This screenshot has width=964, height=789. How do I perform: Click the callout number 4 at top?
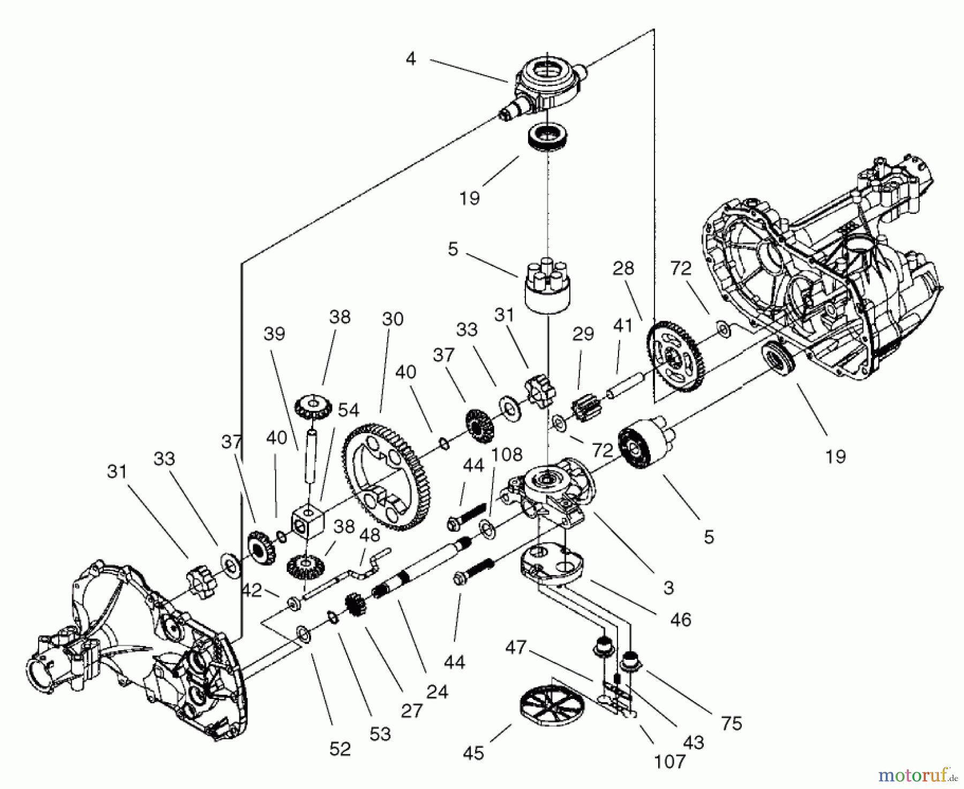pos(410,58)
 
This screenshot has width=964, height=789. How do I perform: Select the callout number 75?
pos(731,723)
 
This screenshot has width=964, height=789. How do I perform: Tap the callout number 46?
pos(680,620)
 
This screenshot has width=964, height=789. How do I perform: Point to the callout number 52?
pos(340,748)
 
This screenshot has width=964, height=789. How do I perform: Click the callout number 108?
pos(507,455)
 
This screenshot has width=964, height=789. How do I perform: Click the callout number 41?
pos(623,326)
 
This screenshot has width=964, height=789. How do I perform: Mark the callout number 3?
pos(668,587)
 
